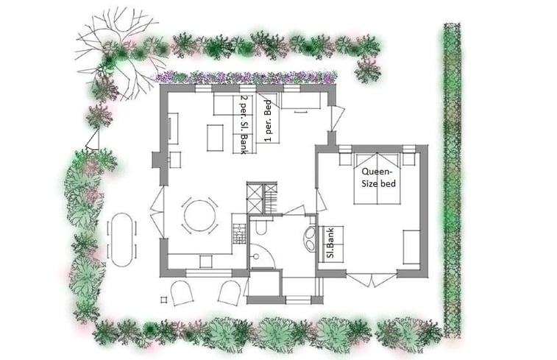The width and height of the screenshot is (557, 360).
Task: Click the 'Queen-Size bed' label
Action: point(378,177)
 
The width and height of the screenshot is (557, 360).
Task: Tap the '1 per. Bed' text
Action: point(268,121)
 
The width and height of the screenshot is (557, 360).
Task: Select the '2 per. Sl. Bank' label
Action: point(244,124)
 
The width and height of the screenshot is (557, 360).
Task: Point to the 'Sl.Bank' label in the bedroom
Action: point(330,244)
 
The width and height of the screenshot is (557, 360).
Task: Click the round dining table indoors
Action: point(199,216)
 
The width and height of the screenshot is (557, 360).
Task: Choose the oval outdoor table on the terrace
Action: point(121,240)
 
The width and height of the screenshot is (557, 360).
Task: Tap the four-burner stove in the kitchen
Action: point(240,234)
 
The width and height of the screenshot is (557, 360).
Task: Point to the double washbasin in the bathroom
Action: point(310,239)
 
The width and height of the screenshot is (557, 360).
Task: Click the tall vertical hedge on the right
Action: point(452,180)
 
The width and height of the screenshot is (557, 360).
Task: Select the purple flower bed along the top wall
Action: point(245,77)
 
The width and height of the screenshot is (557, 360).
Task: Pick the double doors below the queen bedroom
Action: point(372,279)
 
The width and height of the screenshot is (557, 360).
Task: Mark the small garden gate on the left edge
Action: point(93,140)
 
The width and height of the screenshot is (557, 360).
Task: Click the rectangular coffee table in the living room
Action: point(216,138)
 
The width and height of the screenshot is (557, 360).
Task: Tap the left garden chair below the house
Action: point(182,293)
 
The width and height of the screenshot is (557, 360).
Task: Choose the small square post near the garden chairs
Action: point(163,300)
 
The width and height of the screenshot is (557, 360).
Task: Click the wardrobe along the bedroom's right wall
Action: point(411,247)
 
